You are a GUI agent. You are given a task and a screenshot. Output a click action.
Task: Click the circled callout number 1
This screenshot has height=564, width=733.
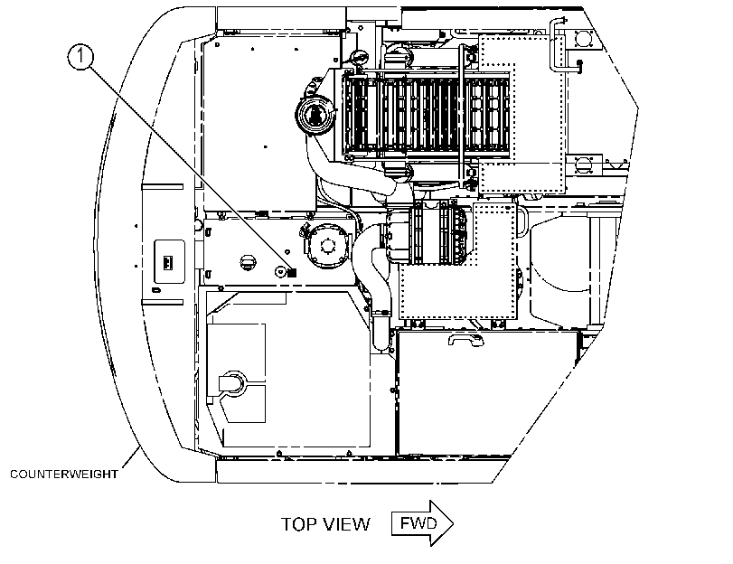80,57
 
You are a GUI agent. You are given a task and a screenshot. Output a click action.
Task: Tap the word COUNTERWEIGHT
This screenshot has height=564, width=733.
64,475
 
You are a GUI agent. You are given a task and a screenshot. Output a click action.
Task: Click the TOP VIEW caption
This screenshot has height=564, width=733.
325,524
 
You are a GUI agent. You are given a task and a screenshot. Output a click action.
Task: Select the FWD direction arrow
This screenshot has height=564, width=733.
422,522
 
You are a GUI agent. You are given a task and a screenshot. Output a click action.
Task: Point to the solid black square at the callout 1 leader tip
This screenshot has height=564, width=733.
292,272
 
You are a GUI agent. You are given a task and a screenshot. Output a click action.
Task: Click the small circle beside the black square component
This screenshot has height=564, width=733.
281,271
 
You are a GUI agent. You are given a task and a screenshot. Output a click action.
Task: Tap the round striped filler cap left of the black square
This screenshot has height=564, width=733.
248,262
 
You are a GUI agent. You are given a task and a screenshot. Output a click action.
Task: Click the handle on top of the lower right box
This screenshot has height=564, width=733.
465,339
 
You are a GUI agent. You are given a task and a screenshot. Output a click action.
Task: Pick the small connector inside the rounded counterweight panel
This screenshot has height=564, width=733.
168,261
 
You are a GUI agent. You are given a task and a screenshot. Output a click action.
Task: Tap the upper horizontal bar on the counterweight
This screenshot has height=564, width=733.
162,186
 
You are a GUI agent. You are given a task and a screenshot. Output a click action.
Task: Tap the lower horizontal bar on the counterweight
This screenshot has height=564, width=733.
162,302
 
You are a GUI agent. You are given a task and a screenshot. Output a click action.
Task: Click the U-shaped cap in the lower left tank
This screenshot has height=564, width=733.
231,382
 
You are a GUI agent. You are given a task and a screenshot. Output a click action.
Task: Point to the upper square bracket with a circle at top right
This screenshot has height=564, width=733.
582,38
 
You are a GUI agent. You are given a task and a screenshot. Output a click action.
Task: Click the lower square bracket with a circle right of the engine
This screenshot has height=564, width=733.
583,165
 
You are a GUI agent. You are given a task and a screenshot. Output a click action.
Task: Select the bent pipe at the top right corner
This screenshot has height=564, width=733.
561,47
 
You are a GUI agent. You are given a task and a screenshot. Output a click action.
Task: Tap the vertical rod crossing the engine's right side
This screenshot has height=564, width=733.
463,116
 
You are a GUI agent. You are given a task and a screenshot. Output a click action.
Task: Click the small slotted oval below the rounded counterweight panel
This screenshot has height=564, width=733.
157,290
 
